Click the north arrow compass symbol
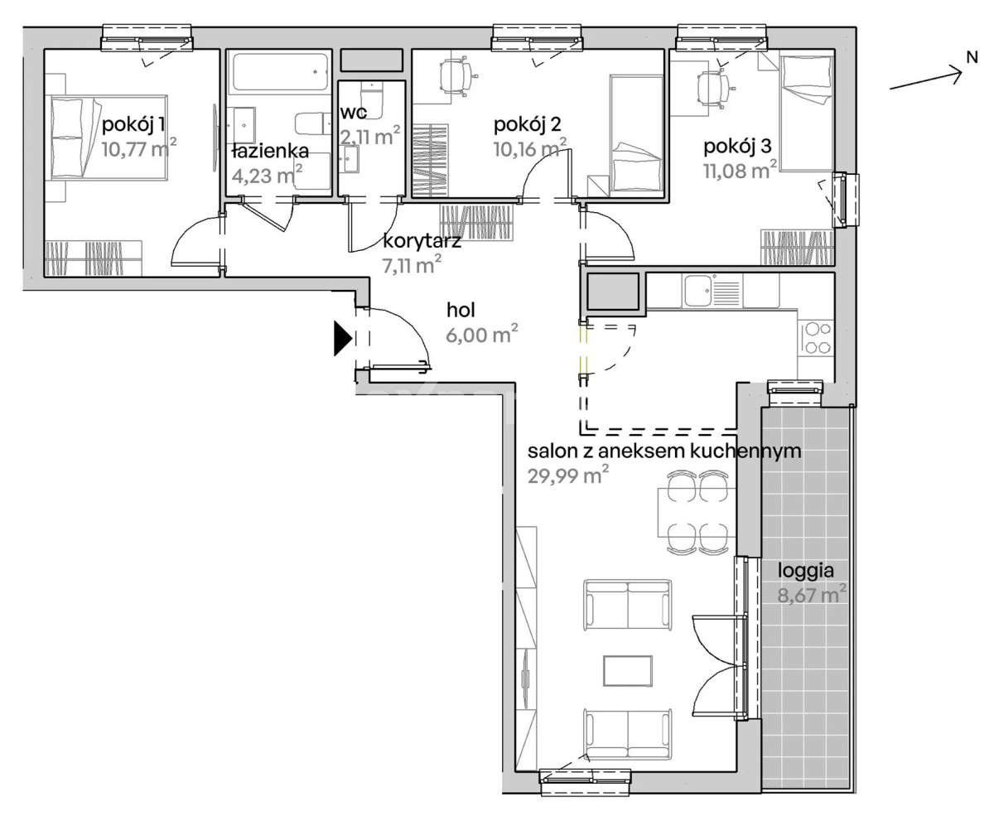click(x=931, y=75)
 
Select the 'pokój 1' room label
click(x=133, y=125)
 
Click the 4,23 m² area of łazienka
click(x=267, y=175)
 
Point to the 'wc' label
click(x=354, y=113)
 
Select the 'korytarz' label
click(x=422, y=241)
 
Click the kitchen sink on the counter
click(x=697, y=291)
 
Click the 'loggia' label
click(x=805, y=572)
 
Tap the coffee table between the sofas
click(x=628, y=671)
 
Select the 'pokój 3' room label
click(x=737, y=147)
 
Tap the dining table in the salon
click(x=697, y=513)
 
